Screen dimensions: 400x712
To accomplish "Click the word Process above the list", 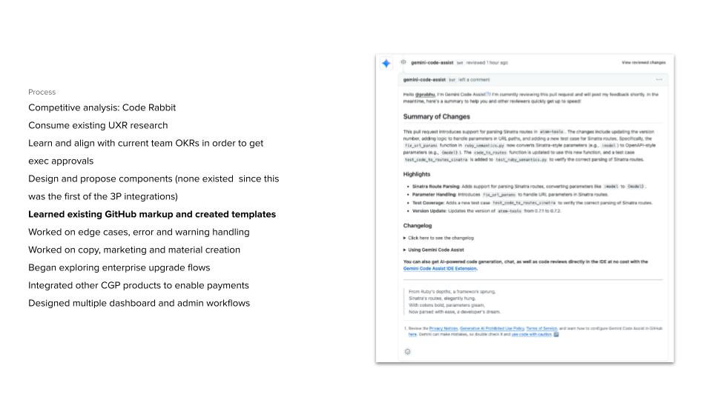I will (x=42, y=92).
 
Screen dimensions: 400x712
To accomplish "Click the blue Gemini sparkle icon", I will (x=386, y=64).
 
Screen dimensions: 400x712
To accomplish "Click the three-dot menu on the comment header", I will (x=659, y=79).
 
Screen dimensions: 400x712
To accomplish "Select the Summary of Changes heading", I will (x=436, y=116).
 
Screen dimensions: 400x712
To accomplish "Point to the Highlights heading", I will (x=417, y=174).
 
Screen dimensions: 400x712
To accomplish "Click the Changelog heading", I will (x=418, y=225).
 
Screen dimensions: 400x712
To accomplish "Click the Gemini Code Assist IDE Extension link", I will (x=440, y=269).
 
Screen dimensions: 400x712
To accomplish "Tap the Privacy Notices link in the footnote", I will (x=444, y=327).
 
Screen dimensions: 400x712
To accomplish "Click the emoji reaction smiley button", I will (x=407, y=351).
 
